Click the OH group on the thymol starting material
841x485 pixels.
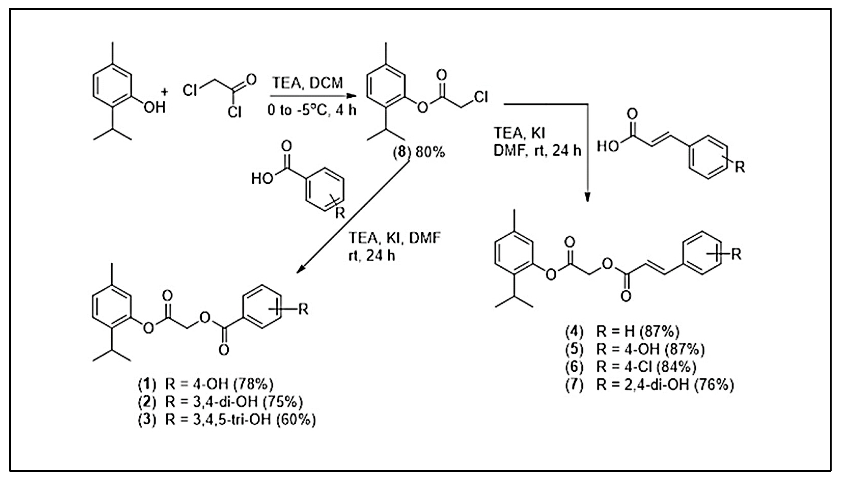pyautogui.click(x=154, y=107)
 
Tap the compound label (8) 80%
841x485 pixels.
pyautogui.click(x=419, y=152)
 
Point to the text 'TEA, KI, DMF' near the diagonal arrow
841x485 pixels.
pyautogui.click(x=394, y=238)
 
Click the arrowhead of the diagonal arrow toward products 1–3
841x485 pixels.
pyautogui.click(x=300, y=270)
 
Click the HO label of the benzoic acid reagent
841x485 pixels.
pyautogui.click(x=262, y=179)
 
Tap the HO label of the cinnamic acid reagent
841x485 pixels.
pyautogui.click(x=608, y=146)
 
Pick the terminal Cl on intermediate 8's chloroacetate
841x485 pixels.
pyautogui.click(x=481, y=97)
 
